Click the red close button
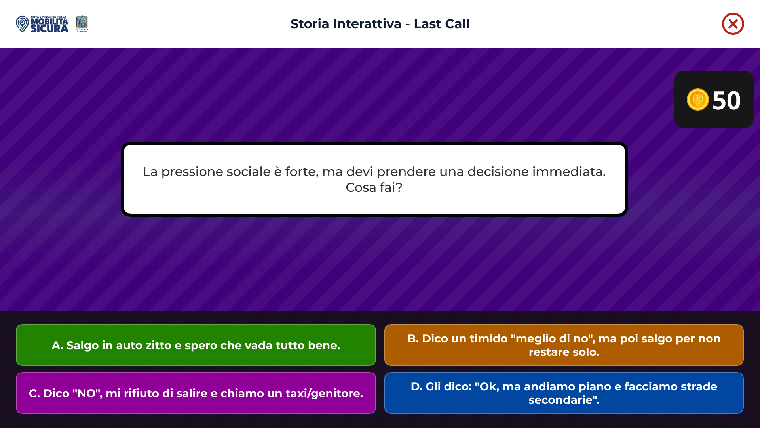pos(733,24)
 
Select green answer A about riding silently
pos(196,345)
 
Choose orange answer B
pos(564,345)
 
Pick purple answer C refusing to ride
pos(196,393)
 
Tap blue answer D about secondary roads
pos(564,393)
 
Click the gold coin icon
pos(697,99)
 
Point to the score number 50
pos(726,100)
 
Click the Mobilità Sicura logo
pos(42,24)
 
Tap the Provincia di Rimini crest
pos(82,24)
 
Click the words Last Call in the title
pos(441,24)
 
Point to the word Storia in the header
pos(310,24)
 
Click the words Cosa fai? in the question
pos(374,187)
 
